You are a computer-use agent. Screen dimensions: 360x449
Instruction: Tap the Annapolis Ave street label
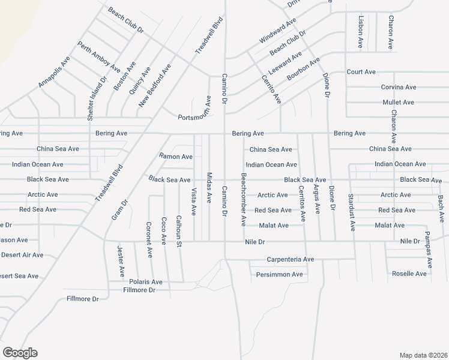point(54,72)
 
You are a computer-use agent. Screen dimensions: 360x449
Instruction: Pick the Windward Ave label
point(278,30)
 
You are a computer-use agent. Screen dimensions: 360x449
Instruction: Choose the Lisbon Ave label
point(360,32)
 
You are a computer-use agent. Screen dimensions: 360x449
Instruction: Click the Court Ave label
point(361,72)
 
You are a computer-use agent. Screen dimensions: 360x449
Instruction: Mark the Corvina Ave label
point(399,87)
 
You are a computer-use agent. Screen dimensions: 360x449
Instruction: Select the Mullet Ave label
point(399,103)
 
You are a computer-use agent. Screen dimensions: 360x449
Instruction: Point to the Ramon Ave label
point(175,157)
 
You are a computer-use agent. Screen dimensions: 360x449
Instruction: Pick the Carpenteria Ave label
point(291,260)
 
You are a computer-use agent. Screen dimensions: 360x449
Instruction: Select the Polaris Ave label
point(145,282)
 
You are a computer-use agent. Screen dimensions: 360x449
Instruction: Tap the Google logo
point(20,353)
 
